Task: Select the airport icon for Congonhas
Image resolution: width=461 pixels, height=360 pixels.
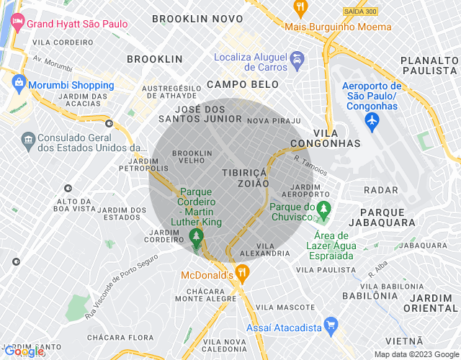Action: click(x=372, y=122)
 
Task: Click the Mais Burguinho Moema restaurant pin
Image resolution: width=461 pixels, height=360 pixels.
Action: click(x=300, y=9)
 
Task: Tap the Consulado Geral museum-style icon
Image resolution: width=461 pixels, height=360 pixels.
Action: click(x=27, y=138)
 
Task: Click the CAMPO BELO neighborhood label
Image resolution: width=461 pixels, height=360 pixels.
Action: click(x=237, y=84)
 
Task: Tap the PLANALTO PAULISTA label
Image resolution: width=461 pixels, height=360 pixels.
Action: click(x=429, y=65)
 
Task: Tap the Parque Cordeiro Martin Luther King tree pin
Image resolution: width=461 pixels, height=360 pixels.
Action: click(x=195, y=236)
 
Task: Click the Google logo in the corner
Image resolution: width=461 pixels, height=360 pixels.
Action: click(x=23, y=351)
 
